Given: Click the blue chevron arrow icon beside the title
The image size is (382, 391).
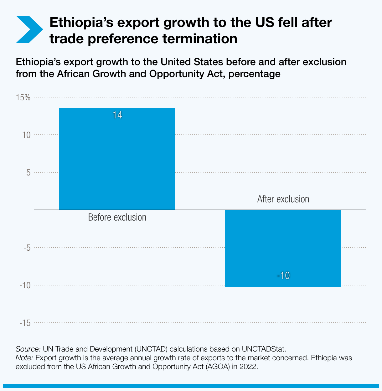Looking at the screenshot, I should [x=29, y=29].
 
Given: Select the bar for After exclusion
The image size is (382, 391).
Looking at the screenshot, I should [x=283, y=248].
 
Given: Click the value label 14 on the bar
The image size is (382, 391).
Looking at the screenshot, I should [x=117, y=115].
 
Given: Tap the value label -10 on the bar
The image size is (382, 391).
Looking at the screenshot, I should [x=283, y=276].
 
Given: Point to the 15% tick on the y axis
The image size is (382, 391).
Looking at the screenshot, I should [x=23, y=97].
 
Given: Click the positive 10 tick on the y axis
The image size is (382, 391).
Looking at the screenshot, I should [x=26, y=135].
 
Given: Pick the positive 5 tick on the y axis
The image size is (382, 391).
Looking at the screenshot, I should [x=28, y=173].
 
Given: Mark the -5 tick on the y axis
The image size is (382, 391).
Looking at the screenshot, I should [x=26, y=248].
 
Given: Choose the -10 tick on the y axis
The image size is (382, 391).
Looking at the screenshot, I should [x=25, y=285].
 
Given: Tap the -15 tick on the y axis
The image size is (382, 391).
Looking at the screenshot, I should [x=25, y=323].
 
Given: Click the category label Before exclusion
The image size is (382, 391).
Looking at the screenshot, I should [x=117, y=217].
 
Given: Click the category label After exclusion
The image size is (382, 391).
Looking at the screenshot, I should [x=283, y=199].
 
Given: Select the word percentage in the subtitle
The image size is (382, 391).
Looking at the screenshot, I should [x=254, y=74].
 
